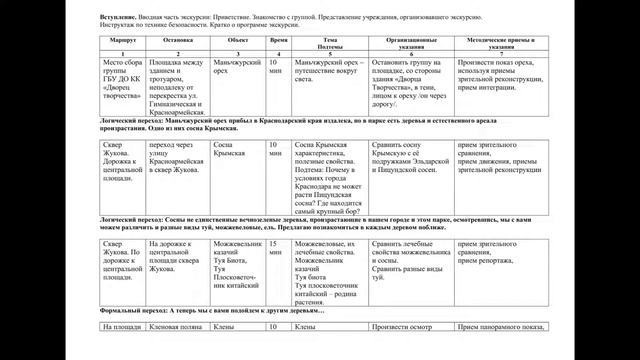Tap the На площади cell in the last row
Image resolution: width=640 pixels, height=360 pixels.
click(121, 326)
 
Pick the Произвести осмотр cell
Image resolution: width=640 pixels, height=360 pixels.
click(405, 326)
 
